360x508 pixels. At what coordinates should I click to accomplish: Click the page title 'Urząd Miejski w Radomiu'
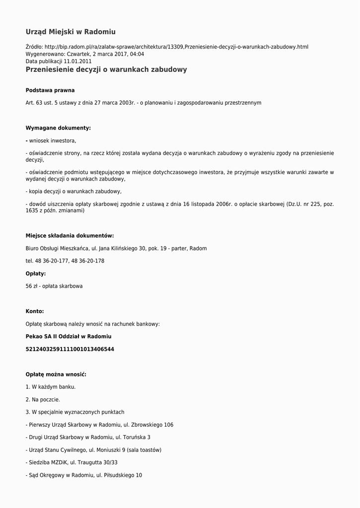[71, 32]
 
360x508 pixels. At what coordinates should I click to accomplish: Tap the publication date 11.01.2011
[77, 62]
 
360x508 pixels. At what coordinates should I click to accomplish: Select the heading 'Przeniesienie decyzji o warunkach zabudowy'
[106, 69]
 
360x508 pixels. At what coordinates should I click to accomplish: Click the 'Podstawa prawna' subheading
[50, 90]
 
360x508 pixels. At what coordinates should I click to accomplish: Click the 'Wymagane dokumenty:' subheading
[58, 128]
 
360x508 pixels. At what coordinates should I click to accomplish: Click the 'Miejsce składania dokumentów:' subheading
[70, 236]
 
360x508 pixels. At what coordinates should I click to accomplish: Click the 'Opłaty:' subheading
[36, 273]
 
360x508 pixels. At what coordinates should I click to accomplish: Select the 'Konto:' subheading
[35, 312]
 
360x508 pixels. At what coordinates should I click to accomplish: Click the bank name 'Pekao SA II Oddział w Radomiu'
[69, 336]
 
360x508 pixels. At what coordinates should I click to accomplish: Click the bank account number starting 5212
[70, 349]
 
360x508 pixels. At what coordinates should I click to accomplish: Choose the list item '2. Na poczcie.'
[43, 399]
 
